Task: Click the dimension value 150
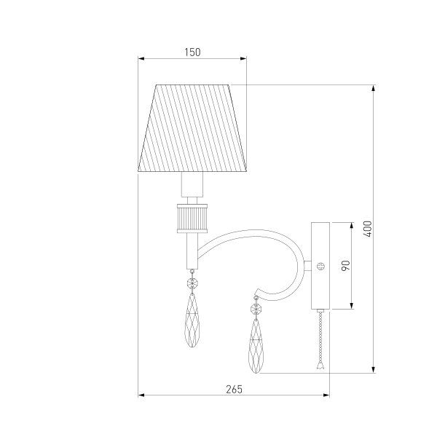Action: (x=192, y=52)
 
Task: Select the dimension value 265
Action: (x=234, y=389)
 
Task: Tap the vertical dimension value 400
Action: (x=368, y=229)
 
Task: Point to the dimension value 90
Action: (x=345, y=265)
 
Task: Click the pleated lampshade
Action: (x=192, y=128)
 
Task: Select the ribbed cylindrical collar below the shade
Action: (x=192, y=219)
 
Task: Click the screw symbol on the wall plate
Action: (x=320, y=266)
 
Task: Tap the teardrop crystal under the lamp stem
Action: (x=192, y=320)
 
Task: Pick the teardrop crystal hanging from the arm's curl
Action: (x=256, y=345)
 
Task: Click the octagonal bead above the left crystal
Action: (x=192, y=283)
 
